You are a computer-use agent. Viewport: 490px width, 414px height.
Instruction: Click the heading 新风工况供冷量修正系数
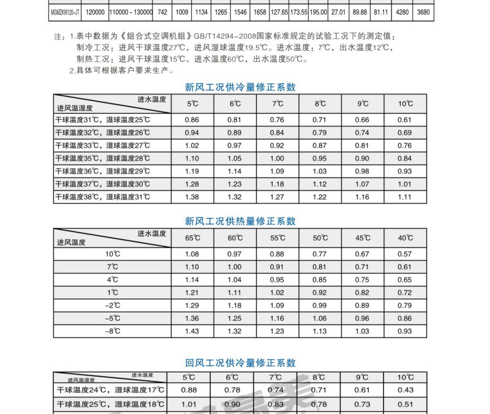[x=240, y=88]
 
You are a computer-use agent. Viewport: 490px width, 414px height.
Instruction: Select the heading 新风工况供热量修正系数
[x=240, y=221]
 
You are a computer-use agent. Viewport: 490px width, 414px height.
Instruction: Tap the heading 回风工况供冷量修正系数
[x=240, y=363]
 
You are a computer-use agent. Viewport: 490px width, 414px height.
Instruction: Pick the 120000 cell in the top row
[x=95, y=12]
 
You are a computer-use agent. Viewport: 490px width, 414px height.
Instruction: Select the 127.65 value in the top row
[x=280, y=12]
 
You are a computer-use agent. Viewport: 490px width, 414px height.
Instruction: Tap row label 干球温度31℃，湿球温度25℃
[x=103, y=120]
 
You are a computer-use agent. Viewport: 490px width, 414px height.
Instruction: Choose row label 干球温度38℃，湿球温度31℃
[x=103, y=197]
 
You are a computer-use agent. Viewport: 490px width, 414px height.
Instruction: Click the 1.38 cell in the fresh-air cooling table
[x=192, y=197]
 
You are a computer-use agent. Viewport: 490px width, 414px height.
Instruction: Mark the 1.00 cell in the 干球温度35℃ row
[x=277, y=159]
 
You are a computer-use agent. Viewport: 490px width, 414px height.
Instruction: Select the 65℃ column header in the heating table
[x=192, y=238]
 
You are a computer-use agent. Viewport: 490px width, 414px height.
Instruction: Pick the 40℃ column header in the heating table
[x=405, y=238]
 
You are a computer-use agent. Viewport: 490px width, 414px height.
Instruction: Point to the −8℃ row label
[x=111, y=331]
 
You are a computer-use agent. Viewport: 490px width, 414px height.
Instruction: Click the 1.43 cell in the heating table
[x=192, y=331]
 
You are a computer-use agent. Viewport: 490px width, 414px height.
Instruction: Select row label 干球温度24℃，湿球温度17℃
[x=111, y=390]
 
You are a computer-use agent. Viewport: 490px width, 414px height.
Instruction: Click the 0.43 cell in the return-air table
[x=405, y=390]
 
